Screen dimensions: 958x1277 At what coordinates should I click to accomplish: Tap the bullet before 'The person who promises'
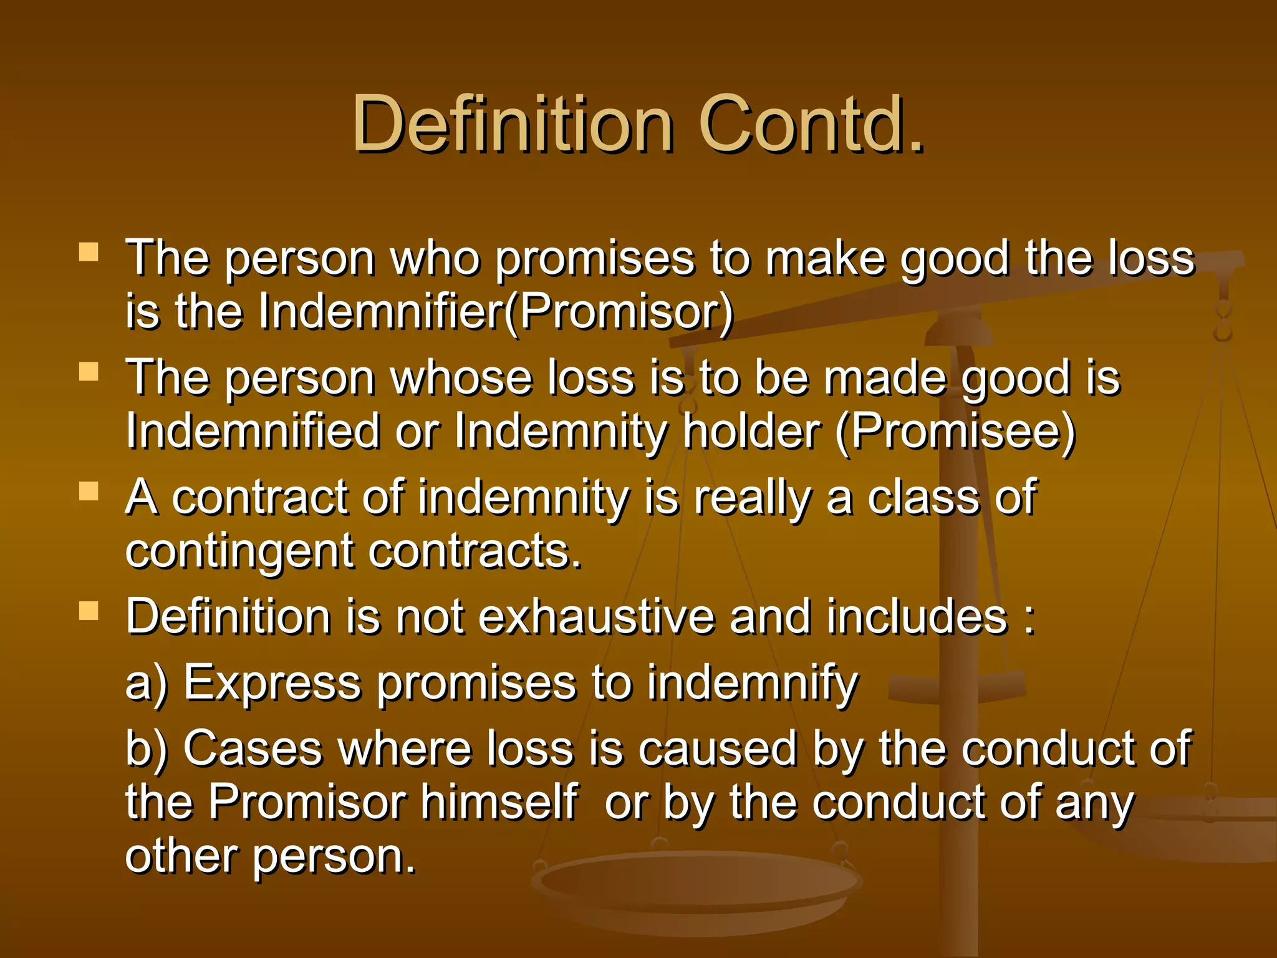(x=89, y=252)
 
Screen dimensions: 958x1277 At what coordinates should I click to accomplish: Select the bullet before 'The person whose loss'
(x=89, y=372)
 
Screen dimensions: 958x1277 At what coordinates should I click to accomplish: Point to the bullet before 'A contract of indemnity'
(x=89, y=492)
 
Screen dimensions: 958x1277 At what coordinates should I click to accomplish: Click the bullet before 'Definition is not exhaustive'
(x=89, y=612)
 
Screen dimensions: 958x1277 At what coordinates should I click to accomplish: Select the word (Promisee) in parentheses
(x=955, y=432)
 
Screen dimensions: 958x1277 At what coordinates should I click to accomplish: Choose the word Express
(x=272, y=683)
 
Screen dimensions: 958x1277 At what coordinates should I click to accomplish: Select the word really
(x=753, y=498)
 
